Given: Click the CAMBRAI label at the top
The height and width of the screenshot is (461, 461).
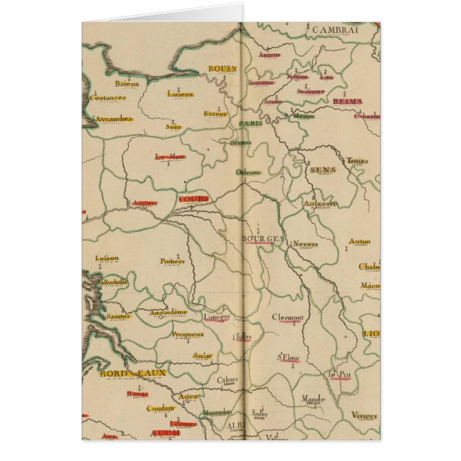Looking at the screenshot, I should click(x=334, y=29).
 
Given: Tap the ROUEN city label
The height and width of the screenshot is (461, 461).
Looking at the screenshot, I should click(x=222, y=69).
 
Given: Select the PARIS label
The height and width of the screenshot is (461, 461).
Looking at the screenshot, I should click(x=251, y=124).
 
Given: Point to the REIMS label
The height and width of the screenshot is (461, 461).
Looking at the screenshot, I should click(x=347, y=102).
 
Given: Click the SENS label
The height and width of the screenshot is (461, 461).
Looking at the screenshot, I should click(x=322, y=170).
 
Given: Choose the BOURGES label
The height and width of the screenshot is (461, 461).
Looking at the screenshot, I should click(x=263, y=238).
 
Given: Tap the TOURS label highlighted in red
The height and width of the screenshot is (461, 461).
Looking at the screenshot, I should click(x=194, y=198).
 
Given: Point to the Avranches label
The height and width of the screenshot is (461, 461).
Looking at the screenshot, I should click(x=114, y=118).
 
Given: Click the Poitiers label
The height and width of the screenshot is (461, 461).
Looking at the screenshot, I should click(x=173, y=261).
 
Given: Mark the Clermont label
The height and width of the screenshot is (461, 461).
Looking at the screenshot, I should click(x=288, y=318).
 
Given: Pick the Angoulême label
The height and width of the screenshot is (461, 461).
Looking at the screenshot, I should click(x=168, y=312).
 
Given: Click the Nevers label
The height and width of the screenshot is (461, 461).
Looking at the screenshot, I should click(x=306, y=244).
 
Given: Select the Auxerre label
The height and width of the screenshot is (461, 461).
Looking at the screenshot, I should click(x=320, y=203).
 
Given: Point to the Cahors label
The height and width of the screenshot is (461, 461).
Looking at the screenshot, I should click(x=228, y=381).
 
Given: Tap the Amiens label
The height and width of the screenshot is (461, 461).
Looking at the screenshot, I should click(x=270, y=54).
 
